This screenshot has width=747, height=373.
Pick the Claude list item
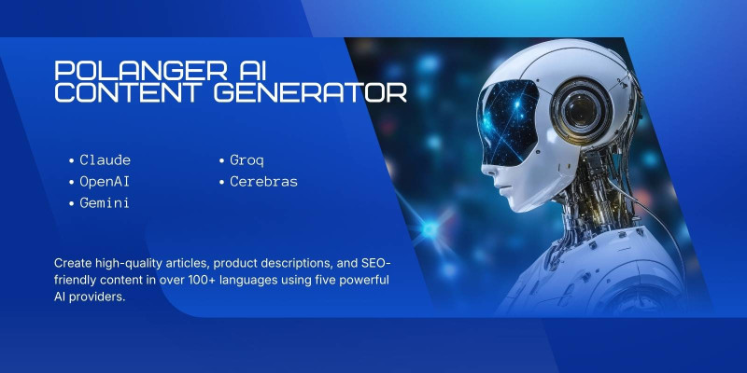(105, 160)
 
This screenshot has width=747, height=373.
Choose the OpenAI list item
(105, 181)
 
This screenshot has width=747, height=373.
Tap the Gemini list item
(105, 202)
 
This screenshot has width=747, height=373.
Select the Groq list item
(247, 160)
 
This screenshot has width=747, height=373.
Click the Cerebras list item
(263, 181)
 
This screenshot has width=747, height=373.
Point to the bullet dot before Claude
(71, 161)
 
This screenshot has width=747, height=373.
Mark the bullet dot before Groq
(221, 161)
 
